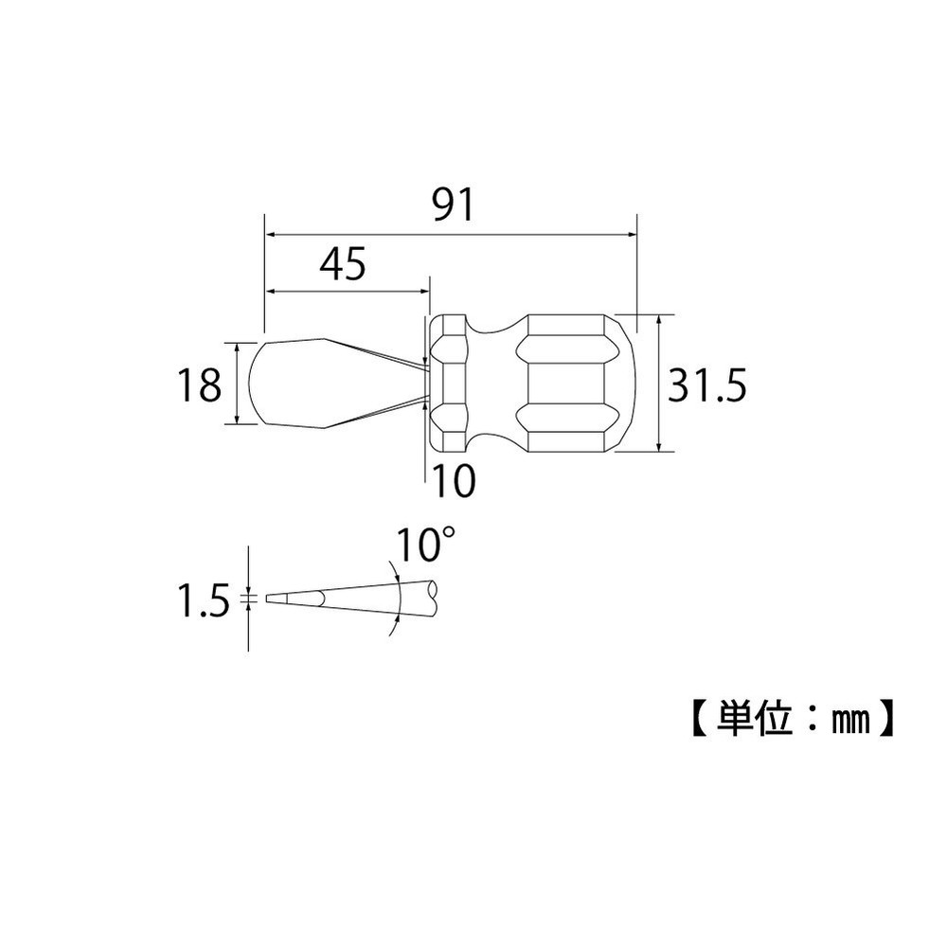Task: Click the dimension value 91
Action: tap(451, 205)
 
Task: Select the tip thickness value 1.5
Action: tap(204, 600)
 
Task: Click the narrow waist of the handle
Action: tap(491, 383)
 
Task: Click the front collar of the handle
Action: tap(448, 383)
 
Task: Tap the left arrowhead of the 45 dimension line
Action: tap(270, 291)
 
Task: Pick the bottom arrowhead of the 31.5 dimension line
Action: tap(657, 446)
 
